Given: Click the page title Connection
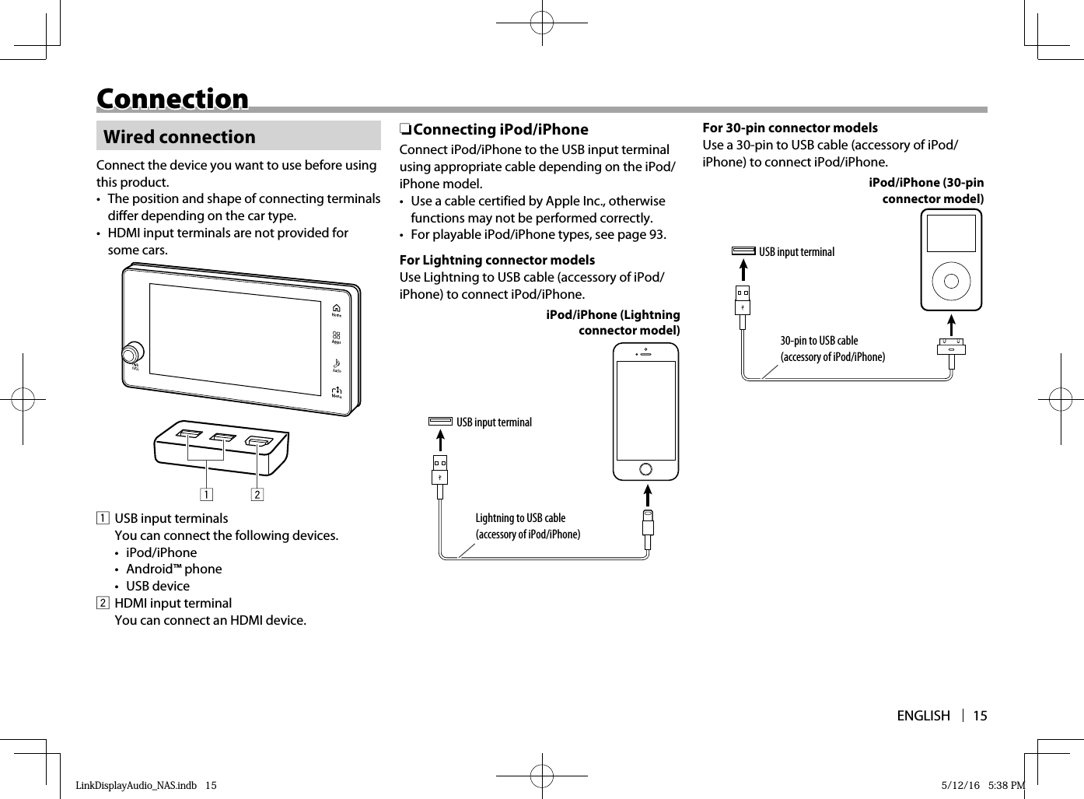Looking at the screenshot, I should [x=172, y=99].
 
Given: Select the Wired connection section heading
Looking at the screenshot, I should [x=179, y=137].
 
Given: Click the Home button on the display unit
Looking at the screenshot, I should [x=337, y=310].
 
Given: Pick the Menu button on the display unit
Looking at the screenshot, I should [x=337, y=392].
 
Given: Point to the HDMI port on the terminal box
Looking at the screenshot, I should [x=258, y=443].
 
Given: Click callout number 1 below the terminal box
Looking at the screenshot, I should [x=206, y=494].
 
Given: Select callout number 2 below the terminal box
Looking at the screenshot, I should [x=257, y=494].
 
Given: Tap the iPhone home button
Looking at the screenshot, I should [x=645, y=468].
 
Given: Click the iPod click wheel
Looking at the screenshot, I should [x=951, y=280].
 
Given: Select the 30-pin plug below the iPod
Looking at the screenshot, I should [x=951, y=346].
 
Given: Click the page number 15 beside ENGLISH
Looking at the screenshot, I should [x=980, y=716].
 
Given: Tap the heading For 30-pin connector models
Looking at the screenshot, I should [x=789, y=128].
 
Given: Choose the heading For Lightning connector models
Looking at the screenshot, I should [x=497, y=260].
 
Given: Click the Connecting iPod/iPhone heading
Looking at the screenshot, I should [x=500, y=129].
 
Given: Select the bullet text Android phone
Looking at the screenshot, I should [x=173, y=569].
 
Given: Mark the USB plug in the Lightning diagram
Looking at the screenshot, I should [x=439, y=470].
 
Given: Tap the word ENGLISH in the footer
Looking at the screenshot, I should [x=923, y=716].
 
